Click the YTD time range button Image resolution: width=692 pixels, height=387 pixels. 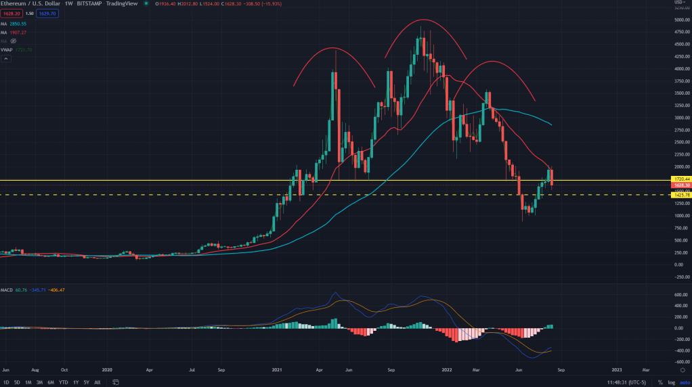pos(63,382)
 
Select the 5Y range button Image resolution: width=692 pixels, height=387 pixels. pos(87,382)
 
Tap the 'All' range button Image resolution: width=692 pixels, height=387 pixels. pos(98,382)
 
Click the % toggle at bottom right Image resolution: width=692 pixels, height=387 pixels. pos(660,382)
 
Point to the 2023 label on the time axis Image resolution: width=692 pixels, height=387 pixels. pos(617,370)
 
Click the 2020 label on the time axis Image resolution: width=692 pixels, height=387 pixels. pos(108,370)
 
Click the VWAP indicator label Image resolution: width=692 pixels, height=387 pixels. pos(8,49)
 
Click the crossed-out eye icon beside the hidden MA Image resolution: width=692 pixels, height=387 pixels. pos(13,41)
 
